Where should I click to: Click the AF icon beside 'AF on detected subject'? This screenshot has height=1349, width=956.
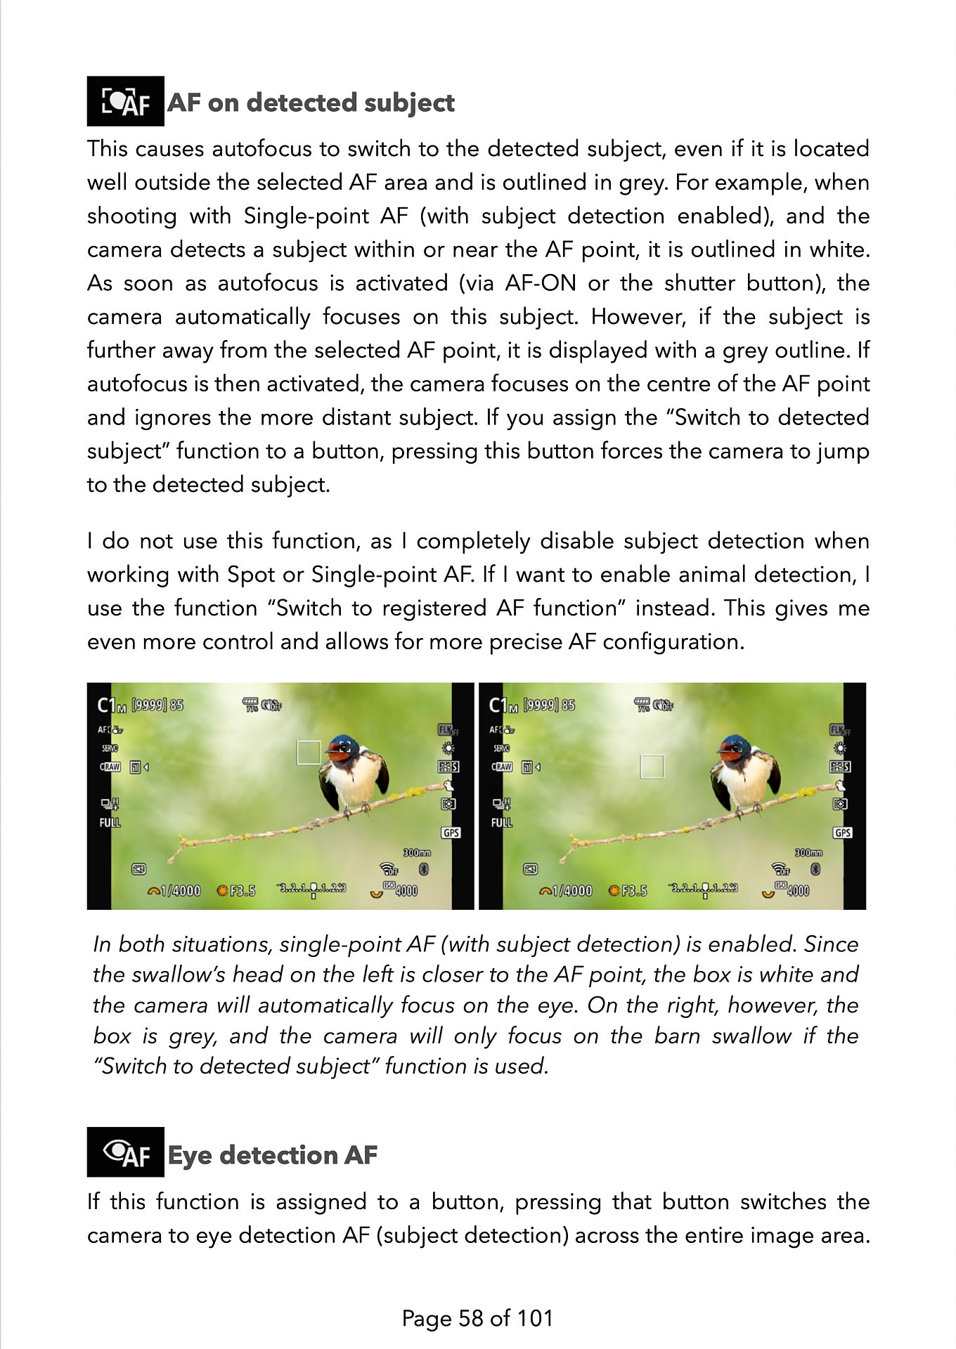tap(125, 101)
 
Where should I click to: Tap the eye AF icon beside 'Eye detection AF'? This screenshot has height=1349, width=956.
tap(125, 1152)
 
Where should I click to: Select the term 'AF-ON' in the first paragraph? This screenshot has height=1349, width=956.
tap(540, 283)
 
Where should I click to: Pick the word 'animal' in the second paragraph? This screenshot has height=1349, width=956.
tap(711, 575)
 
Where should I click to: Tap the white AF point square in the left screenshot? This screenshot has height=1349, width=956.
tap(309, 752)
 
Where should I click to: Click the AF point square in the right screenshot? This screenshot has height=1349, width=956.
tap(652, 767)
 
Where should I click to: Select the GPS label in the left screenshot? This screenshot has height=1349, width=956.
tap(451, 833)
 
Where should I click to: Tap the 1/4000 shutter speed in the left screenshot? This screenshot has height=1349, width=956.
tap(179, 891)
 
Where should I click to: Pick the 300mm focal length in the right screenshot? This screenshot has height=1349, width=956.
tap(808, 852)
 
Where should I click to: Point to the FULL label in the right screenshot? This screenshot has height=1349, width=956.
tap(501, 822)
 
